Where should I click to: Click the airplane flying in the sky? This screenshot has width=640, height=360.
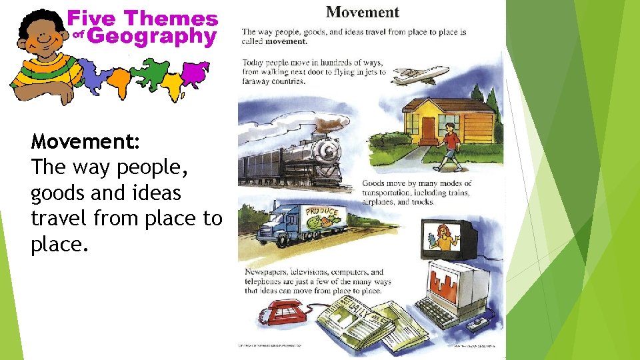point(420,75)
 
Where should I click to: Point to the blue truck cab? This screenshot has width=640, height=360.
point(275,224)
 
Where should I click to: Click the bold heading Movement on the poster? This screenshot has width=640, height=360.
point(362,12)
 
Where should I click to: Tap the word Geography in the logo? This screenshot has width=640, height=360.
point(151,37)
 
